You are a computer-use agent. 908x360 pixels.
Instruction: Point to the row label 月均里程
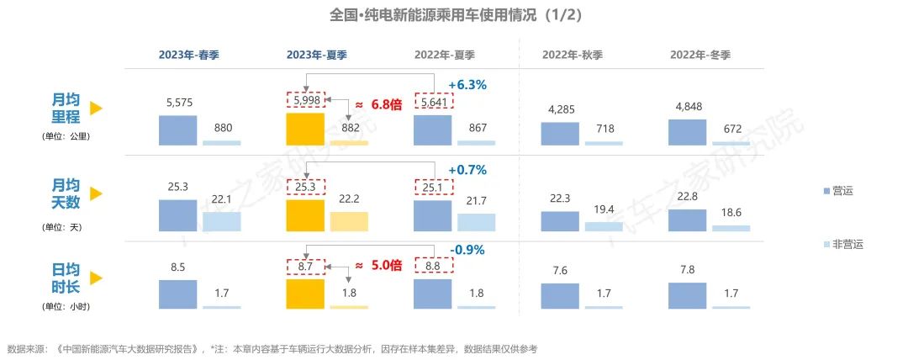[x=66, y=108]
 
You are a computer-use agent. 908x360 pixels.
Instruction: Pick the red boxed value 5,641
[x=434, y=103]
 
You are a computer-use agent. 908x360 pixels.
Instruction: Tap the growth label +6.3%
[x=467, y=85]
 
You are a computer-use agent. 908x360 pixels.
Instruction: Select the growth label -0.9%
[x=467, y=249]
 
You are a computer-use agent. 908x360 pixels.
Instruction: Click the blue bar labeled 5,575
[x=178, y=130]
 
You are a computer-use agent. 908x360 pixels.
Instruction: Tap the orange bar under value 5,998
[x=305, y=130]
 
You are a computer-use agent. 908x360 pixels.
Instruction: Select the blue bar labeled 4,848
[x=688, y=133]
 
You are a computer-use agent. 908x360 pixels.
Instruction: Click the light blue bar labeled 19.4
[x=604, y=226]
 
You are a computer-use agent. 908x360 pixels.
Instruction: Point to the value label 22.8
[x=688, y=197]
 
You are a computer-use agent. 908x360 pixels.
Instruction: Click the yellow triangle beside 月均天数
[x=96, y=193]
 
